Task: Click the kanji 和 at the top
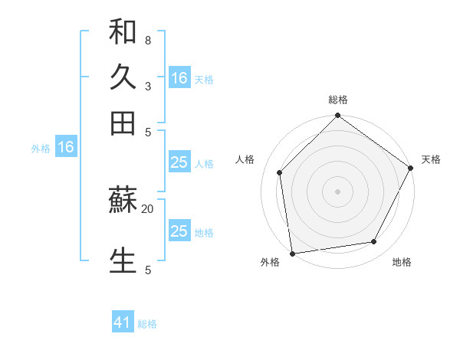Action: point(123,32)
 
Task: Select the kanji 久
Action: point(123,77)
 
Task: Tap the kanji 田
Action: point(123,123)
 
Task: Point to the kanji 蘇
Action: point(123,201)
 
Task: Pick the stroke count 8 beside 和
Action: point(147,40)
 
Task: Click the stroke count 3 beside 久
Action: point(147,86)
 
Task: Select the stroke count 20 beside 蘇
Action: point(147,208)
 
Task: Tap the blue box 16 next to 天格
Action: point(179,77)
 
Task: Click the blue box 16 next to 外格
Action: point(66,147)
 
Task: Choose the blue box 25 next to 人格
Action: point(179,162)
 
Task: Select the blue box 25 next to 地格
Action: point(179,231)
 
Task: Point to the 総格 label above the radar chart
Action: point(338,100)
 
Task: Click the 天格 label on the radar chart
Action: point(431,159)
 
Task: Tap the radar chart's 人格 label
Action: point(245,159)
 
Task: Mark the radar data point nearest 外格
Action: point(292,253)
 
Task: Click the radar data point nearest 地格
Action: point(374,241)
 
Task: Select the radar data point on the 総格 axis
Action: point(338,116)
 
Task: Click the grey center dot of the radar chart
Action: point(338,191)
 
